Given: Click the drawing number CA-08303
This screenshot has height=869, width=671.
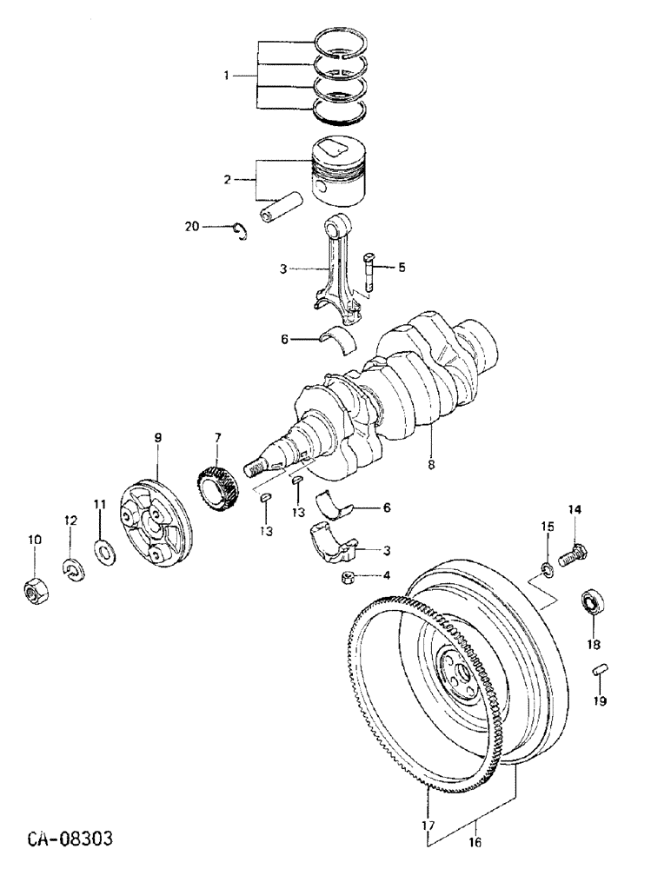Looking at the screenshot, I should [x=70, y=840].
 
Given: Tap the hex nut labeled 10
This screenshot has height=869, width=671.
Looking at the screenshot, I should [x=35, y=593].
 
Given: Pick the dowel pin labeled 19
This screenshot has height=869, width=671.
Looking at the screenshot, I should [x=599, y=670].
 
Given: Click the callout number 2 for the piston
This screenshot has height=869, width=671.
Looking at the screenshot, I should [x=227, y=180].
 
